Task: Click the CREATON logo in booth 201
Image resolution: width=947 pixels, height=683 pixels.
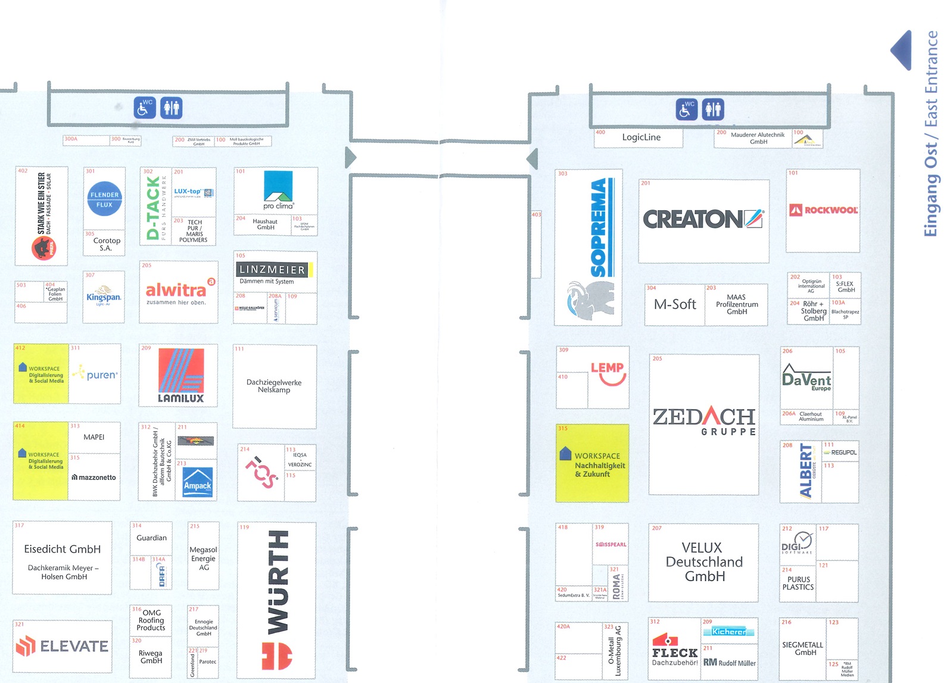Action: (703, 219)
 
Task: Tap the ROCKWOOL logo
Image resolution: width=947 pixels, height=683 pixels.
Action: (823, 210)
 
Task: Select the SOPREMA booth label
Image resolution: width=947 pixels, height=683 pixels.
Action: (598, 228)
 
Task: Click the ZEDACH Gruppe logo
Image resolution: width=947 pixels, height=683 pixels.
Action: (704, 420)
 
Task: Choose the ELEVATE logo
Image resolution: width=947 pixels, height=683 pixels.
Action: (63, 646)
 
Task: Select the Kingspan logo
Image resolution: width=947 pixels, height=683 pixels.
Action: (104, 295)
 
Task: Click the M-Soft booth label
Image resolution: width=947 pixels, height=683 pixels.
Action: (675, 304)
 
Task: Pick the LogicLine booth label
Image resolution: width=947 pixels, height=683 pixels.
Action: (641, 138)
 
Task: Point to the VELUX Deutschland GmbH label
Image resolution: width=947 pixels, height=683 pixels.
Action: (704, 562)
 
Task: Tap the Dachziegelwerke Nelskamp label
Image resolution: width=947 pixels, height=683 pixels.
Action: (274, 386)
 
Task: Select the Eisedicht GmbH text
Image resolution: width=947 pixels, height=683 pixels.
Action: (63, 549)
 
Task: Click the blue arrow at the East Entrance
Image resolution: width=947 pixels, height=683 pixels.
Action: (902, 50)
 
